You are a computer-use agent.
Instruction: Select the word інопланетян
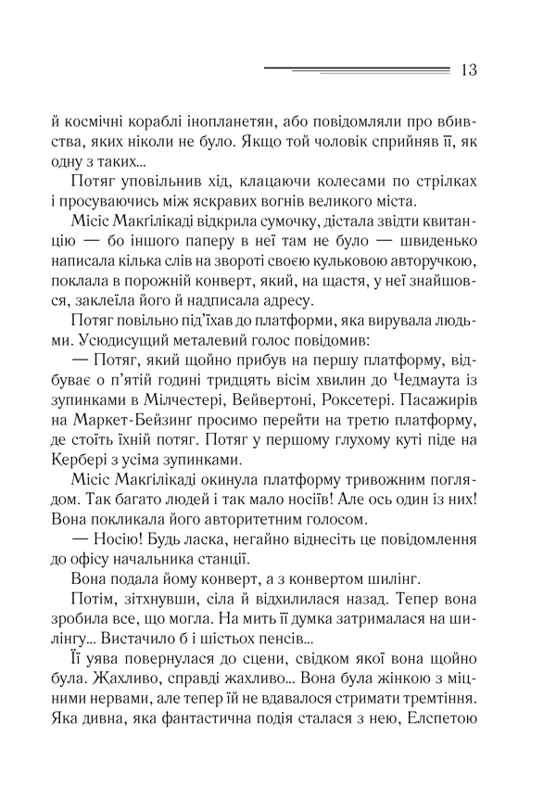click(x=283, y=120)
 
